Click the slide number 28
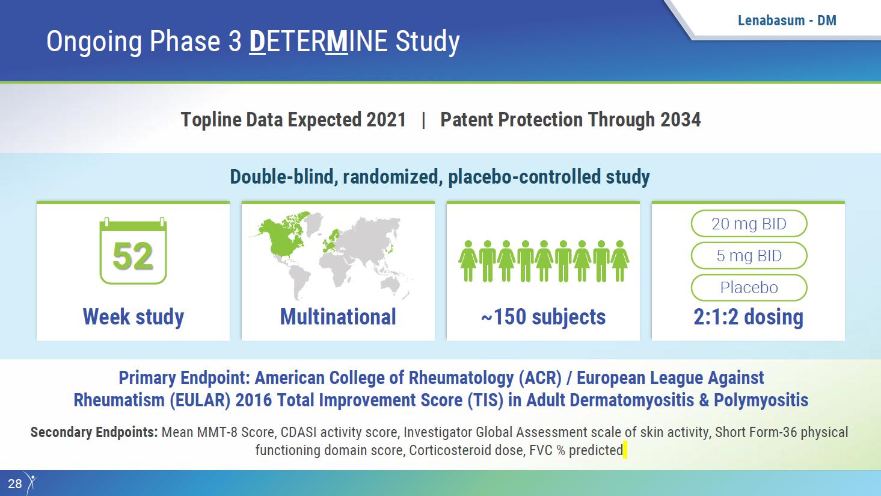tap(15, 484)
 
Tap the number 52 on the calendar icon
tap(132, 256)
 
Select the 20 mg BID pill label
tap(749, 223)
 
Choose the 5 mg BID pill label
tap(749, 255)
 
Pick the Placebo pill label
tap(749, 287)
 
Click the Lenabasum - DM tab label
tap(787, 20)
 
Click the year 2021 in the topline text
tap(386, 120)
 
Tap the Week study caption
tap(134, 317)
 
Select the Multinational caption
tap(338, 317)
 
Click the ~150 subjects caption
tap(543, 317)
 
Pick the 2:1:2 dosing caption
tap(748, 317)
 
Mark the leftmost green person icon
tap(468, 261)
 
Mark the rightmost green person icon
tap(620, 261)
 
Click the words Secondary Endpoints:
tap(94, 432)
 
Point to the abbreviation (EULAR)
tap(200, 400)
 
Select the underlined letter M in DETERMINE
tap(337, 42)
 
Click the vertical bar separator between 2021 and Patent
tap(423, 120)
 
